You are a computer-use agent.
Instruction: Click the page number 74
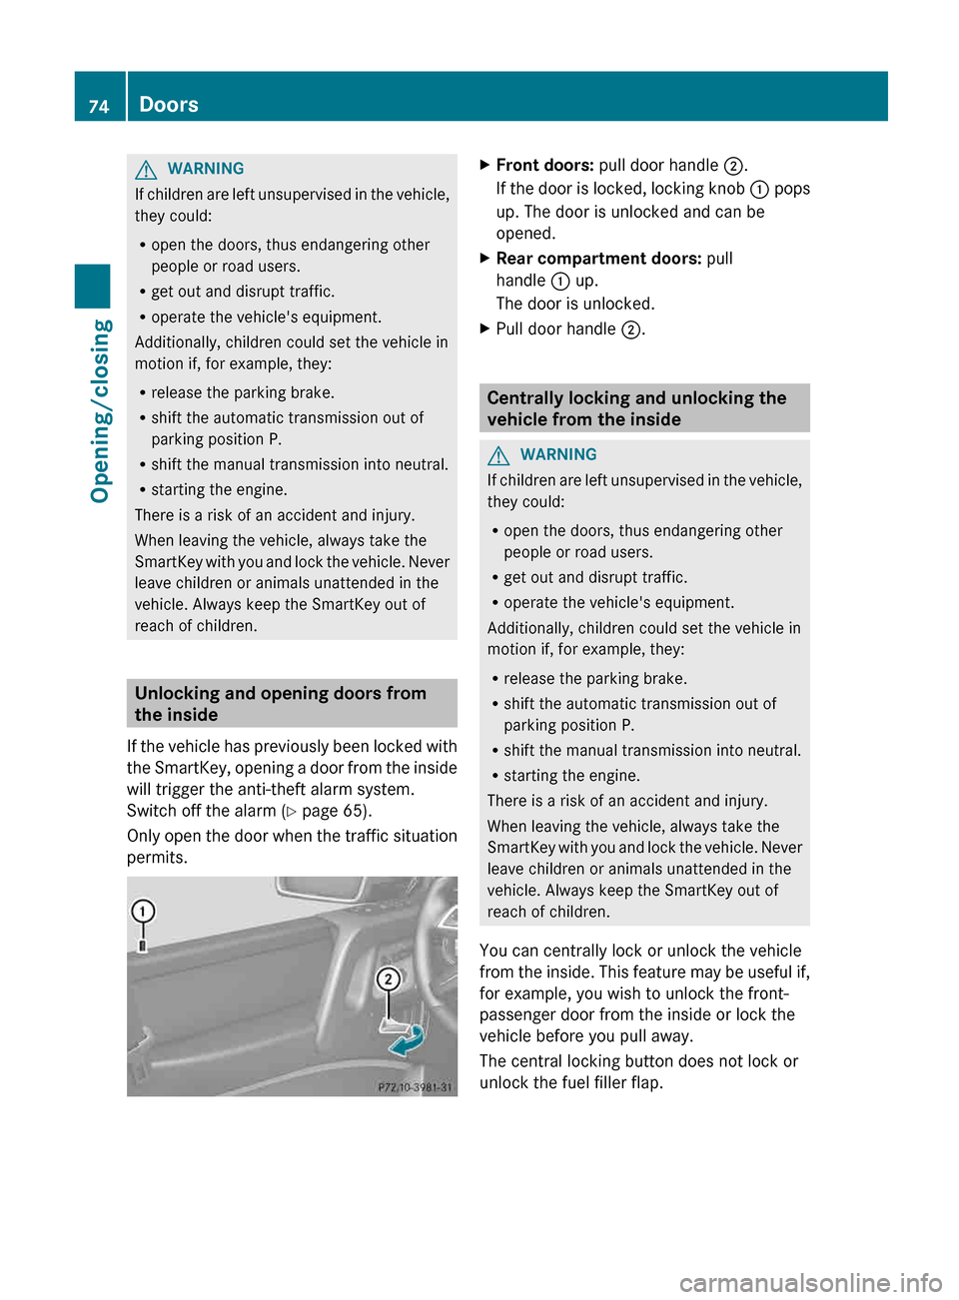pos(99,106)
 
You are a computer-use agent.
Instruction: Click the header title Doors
pos(169,105)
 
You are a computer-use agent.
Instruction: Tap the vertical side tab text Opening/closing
pos(100,410)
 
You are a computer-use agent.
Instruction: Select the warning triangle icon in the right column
pos(498,455)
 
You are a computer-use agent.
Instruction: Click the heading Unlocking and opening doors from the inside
pos(281,703)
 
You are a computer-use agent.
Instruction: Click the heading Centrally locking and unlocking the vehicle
pos(636,408)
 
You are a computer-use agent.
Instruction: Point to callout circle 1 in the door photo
pos(143,911)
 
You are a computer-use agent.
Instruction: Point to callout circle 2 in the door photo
pos(388,979)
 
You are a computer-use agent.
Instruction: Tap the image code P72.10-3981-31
pos(414,1087)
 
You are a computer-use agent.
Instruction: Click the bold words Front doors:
pos(544,166)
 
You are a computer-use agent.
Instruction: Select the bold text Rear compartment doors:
pos(598,259)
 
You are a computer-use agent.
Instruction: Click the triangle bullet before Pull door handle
pos(485,327)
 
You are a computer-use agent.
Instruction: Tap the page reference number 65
pos(355,811)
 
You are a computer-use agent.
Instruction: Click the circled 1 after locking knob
pos(759,190)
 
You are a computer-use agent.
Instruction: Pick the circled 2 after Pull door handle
pos(630,329)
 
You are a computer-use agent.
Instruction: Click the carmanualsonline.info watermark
pos(810,1282)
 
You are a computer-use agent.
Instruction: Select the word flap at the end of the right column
pos(644,1082)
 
